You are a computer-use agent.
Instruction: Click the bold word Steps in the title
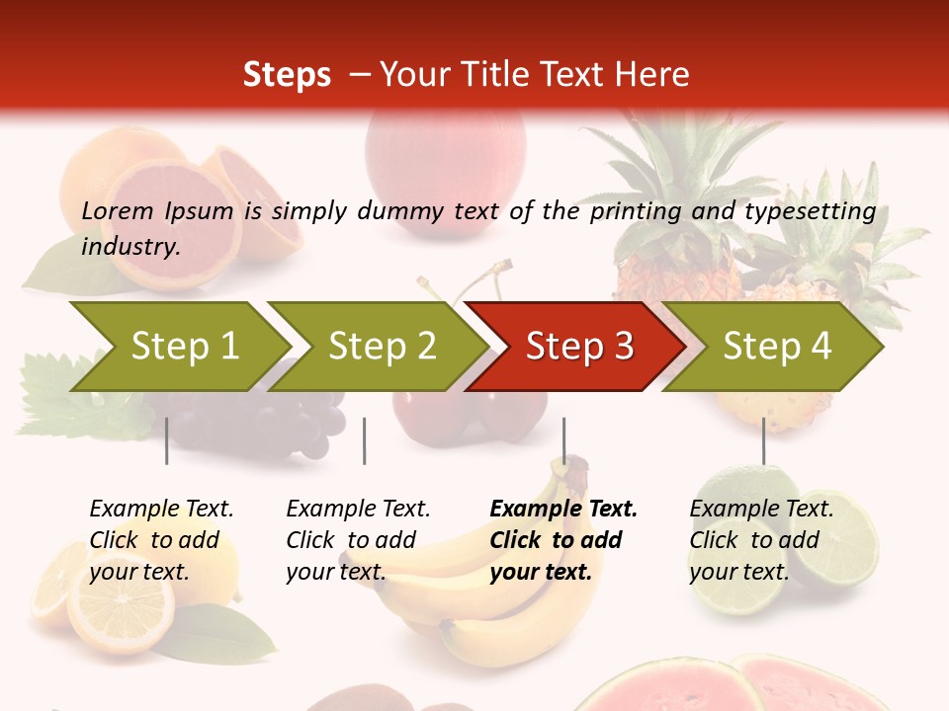(287, 75)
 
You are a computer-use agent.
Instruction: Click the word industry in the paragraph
(129, 246)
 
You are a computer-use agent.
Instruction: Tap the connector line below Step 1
(167, 440)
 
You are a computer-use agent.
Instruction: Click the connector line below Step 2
(365, 440)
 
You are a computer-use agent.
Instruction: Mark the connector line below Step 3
(563, 440)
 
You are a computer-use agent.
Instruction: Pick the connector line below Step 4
(763, 440)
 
